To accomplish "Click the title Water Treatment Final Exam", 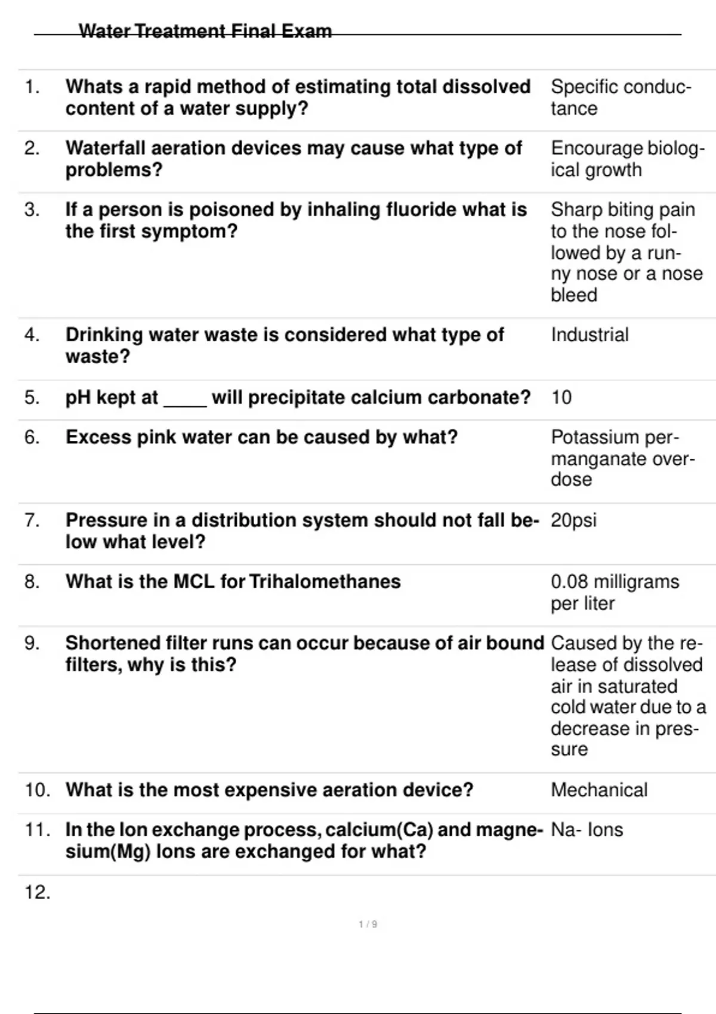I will tap(205, 31).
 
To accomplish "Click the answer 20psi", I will tap(573, 520).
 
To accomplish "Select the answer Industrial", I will tap(590, 335).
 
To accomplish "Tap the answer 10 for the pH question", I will tap(561, 397).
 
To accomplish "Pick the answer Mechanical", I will tap(599, 790).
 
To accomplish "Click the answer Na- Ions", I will tap(587, 830).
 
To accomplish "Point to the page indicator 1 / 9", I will tap(368, 925).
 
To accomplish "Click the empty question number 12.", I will tap(37, 892).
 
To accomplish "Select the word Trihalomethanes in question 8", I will tap(325, 582).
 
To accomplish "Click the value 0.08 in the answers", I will tap(569, 582).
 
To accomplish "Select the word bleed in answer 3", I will tap(573, 295).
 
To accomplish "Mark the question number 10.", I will tap(37, 790).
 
